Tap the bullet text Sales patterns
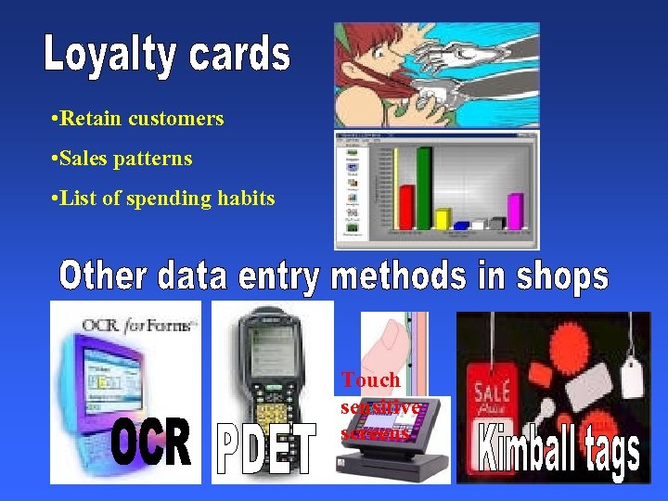[x=126, y=159]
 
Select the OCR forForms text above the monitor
[x=139, y=325]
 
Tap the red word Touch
[x=369, y=379]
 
